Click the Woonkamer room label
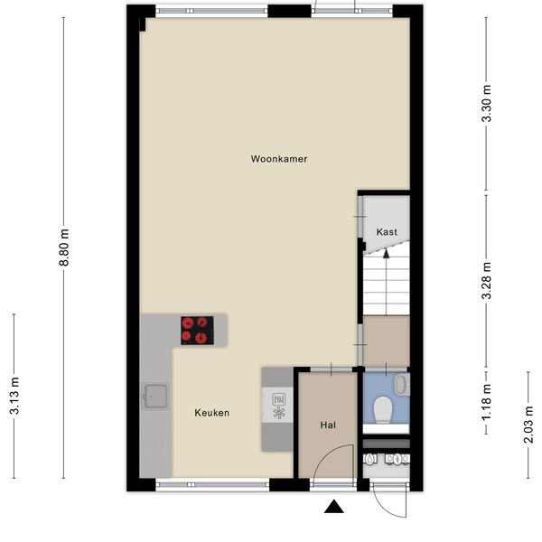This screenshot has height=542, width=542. [x=279, y=159]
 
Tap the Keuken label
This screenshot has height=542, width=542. [x=212, y=413]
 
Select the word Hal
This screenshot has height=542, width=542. [x=328, y=425]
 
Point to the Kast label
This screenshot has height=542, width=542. [x=387, y=232]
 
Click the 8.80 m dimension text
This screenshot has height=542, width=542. [x=64, y=247]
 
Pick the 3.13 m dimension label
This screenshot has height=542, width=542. [x=14, y=396]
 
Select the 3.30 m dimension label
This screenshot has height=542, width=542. [x=487, y=103]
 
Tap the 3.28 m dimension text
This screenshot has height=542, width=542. [x=487, y=280]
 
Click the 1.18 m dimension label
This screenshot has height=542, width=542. [x=487, y=402]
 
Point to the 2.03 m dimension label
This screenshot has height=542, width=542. [x=528, y=425]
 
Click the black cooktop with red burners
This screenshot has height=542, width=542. [x=197, y=331]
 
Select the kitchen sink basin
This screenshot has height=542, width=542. [x=156, y=397]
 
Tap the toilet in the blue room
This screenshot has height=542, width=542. [x=383, y=410]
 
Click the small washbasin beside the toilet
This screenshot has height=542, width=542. [x=402, y=385]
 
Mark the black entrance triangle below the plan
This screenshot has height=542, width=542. [x=334, y=506]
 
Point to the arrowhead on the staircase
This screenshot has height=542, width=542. [x=387, y=254]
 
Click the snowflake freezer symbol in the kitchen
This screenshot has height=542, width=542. [x=279, y=413]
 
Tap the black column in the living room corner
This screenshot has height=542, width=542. [x=143, y=24]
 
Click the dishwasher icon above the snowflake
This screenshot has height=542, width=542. [x=279, y=399]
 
